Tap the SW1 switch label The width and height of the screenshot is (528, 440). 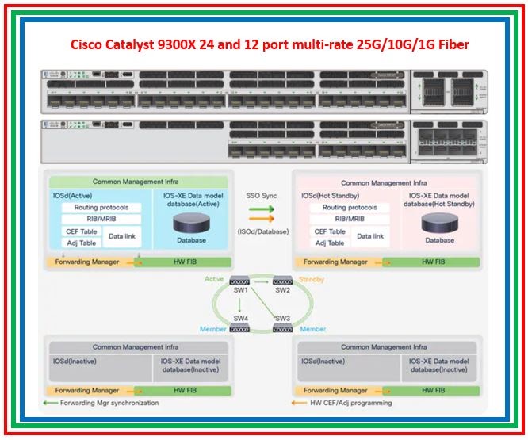coord(241,291)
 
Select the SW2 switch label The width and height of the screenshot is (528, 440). coord(284,291)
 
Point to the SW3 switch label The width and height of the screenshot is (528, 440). coord(284,318)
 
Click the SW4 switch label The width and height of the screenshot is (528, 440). coord(241,318)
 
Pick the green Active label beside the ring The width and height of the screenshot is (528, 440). coord(215,280)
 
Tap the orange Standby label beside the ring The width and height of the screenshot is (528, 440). coord(311,280)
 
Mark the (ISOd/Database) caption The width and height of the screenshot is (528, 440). coord(263,231)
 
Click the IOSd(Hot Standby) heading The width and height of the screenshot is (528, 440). coord(331,195)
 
